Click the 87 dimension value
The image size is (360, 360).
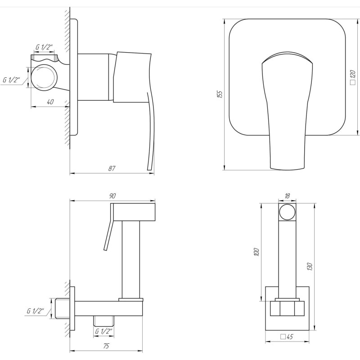112,168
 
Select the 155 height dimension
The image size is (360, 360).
219,94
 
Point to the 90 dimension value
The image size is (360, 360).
112,196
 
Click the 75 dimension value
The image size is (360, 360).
106,346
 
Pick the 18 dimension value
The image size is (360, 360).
287,196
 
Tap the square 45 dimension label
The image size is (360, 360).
287,337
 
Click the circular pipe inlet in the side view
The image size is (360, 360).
45,76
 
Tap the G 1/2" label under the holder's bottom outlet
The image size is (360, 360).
104,332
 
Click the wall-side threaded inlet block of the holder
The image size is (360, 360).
65,310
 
